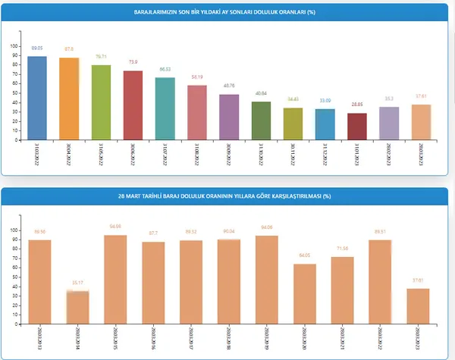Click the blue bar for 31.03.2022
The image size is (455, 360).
pyautogui.click(x=37, y=98)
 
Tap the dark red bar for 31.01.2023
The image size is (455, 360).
pyautogui.click(x=356, y=126)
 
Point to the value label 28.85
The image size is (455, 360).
pyautogui.click(x=356, y=105)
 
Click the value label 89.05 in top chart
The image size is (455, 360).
pyautogui.click(x=37, y=49)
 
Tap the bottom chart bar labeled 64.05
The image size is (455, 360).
pyautogui.click(x=304, y=288)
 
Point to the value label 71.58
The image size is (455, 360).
pyautogui.click(x=341, y=249)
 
